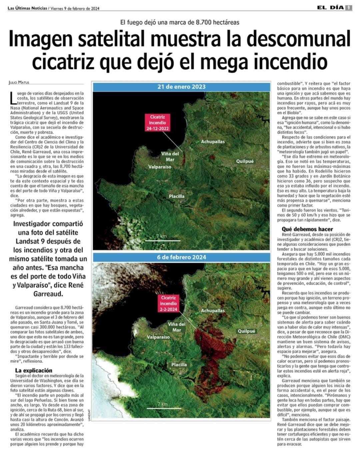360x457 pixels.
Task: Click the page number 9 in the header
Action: [x=349, y=8]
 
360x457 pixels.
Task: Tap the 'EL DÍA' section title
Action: [x=330, y=8]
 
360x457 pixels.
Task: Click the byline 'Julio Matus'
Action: [x=19, y=82]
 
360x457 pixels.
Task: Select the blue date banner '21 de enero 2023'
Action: [x=181, y=87]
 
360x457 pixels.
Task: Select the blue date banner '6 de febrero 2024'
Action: [x=181, y=257]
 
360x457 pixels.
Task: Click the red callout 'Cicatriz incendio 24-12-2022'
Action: [x=157, y=123]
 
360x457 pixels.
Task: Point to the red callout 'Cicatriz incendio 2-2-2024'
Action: [x=168, y=303]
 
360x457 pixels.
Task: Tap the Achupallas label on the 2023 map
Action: [x=213, y=142]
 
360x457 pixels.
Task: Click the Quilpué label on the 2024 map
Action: [x=246, y=331]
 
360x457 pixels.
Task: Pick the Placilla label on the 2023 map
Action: [x=176, y=196]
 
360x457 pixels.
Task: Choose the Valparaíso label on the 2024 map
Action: [x=158, y=337]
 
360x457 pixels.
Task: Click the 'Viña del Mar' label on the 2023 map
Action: [x=170, y=157]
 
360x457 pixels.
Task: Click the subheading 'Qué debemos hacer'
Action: [x=307, y=229]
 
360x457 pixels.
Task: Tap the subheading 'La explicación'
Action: [x=34, y=370]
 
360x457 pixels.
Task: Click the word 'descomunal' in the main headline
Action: [x=298, y=39]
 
